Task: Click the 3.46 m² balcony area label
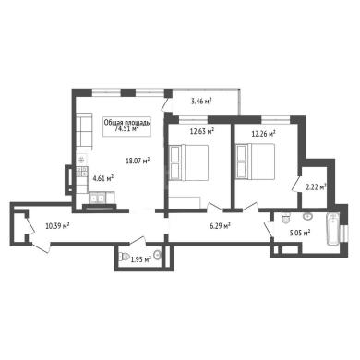click(201, 102)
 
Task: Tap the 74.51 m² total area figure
click(126, 129)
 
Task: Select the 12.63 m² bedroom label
click(202, 132)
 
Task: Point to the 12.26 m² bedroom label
click(263, 134)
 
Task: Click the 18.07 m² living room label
click(138, 161)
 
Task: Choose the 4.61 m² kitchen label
click(103, 178)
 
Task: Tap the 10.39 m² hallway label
click(57, 226)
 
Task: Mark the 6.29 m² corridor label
click(220, 226)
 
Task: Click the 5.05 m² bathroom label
click(299, 234)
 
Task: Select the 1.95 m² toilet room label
click(140, 259)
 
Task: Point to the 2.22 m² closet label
click(316, 186)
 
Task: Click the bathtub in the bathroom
click(333, 230)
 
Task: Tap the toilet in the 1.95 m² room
click(124, 257)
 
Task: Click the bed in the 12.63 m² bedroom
click(189, 162)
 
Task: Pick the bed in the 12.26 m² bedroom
click(255, 161)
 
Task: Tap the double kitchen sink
click(97, 198)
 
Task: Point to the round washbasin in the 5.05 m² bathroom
click(307, 217)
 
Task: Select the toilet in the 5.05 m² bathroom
click(286, 218)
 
